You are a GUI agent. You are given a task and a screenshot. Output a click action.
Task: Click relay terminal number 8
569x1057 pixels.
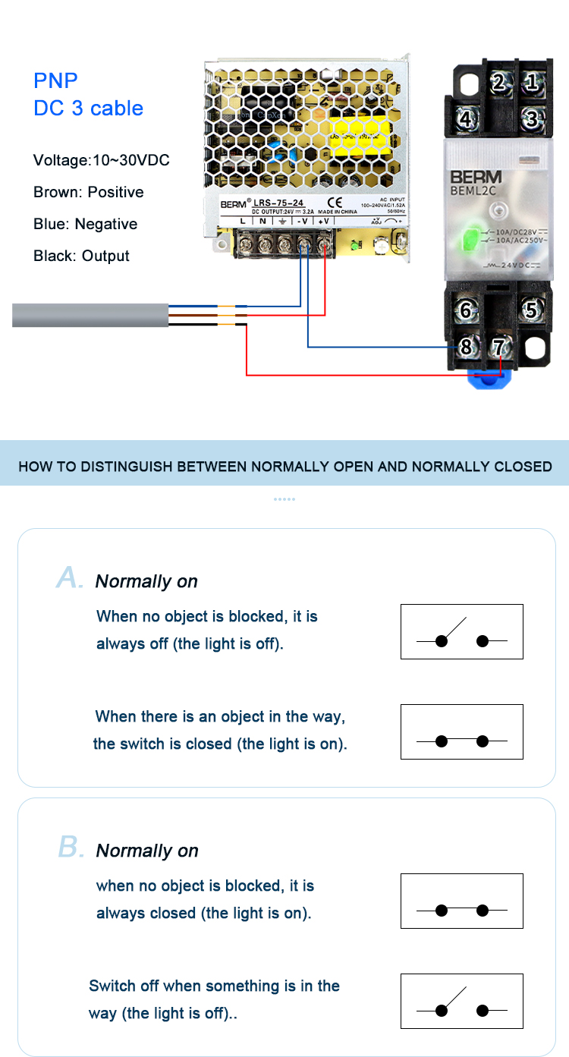(466, 348)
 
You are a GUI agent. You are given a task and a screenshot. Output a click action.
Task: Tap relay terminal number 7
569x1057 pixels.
(498, 348)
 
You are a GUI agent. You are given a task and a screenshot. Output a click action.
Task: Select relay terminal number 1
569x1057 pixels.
(532, 82)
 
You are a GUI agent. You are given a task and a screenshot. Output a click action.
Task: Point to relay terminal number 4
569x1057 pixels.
(467, 119)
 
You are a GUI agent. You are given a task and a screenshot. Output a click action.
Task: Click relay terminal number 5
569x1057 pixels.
(532, 310)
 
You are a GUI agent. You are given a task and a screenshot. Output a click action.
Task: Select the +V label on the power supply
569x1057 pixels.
(323, 221)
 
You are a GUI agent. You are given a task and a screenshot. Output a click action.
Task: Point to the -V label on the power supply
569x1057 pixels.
(302, 221)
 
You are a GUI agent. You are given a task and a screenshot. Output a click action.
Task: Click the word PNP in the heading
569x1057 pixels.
(55, 80)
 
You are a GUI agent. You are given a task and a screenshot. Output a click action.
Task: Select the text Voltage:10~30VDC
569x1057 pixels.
(101, 160)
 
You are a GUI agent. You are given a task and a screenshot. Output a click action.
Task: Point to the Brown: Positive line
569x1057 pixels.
(88, 192)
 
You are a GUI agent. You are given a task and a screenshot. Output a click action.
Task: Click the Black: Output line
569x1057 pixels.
(81, 256)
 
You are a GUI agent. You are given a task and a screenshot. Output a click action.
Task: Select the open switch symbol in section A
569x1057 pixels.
(461, 631)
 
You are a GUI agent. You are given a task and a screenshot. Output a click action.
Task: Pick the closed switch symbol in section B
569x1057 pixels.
(461, 901)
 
